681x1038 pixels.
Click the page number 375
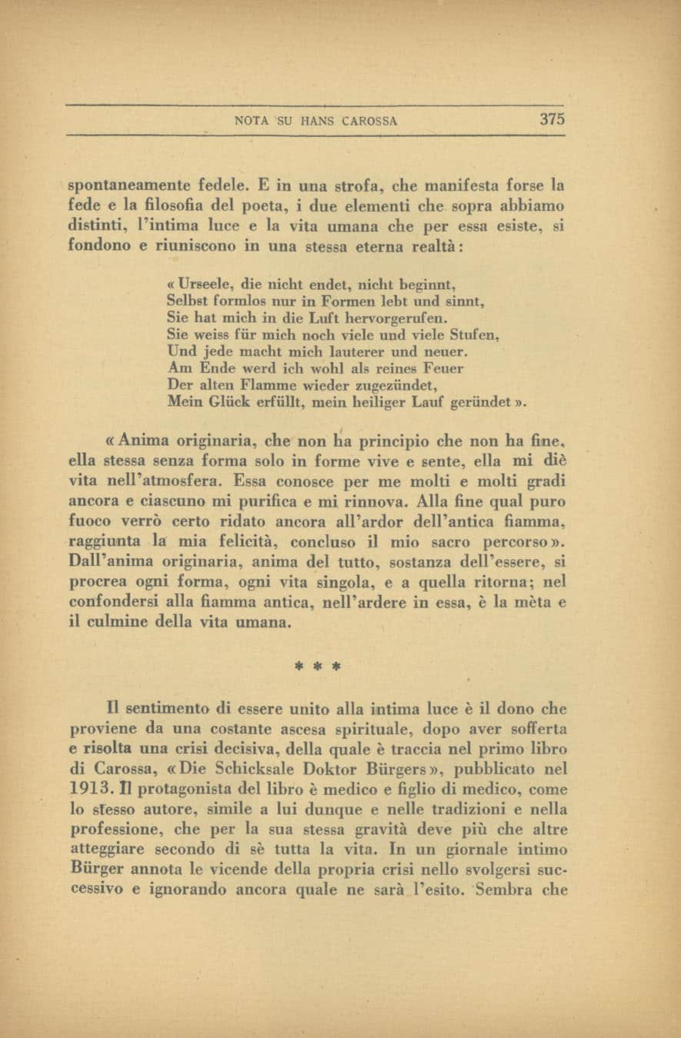click(x=552, y=119)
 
